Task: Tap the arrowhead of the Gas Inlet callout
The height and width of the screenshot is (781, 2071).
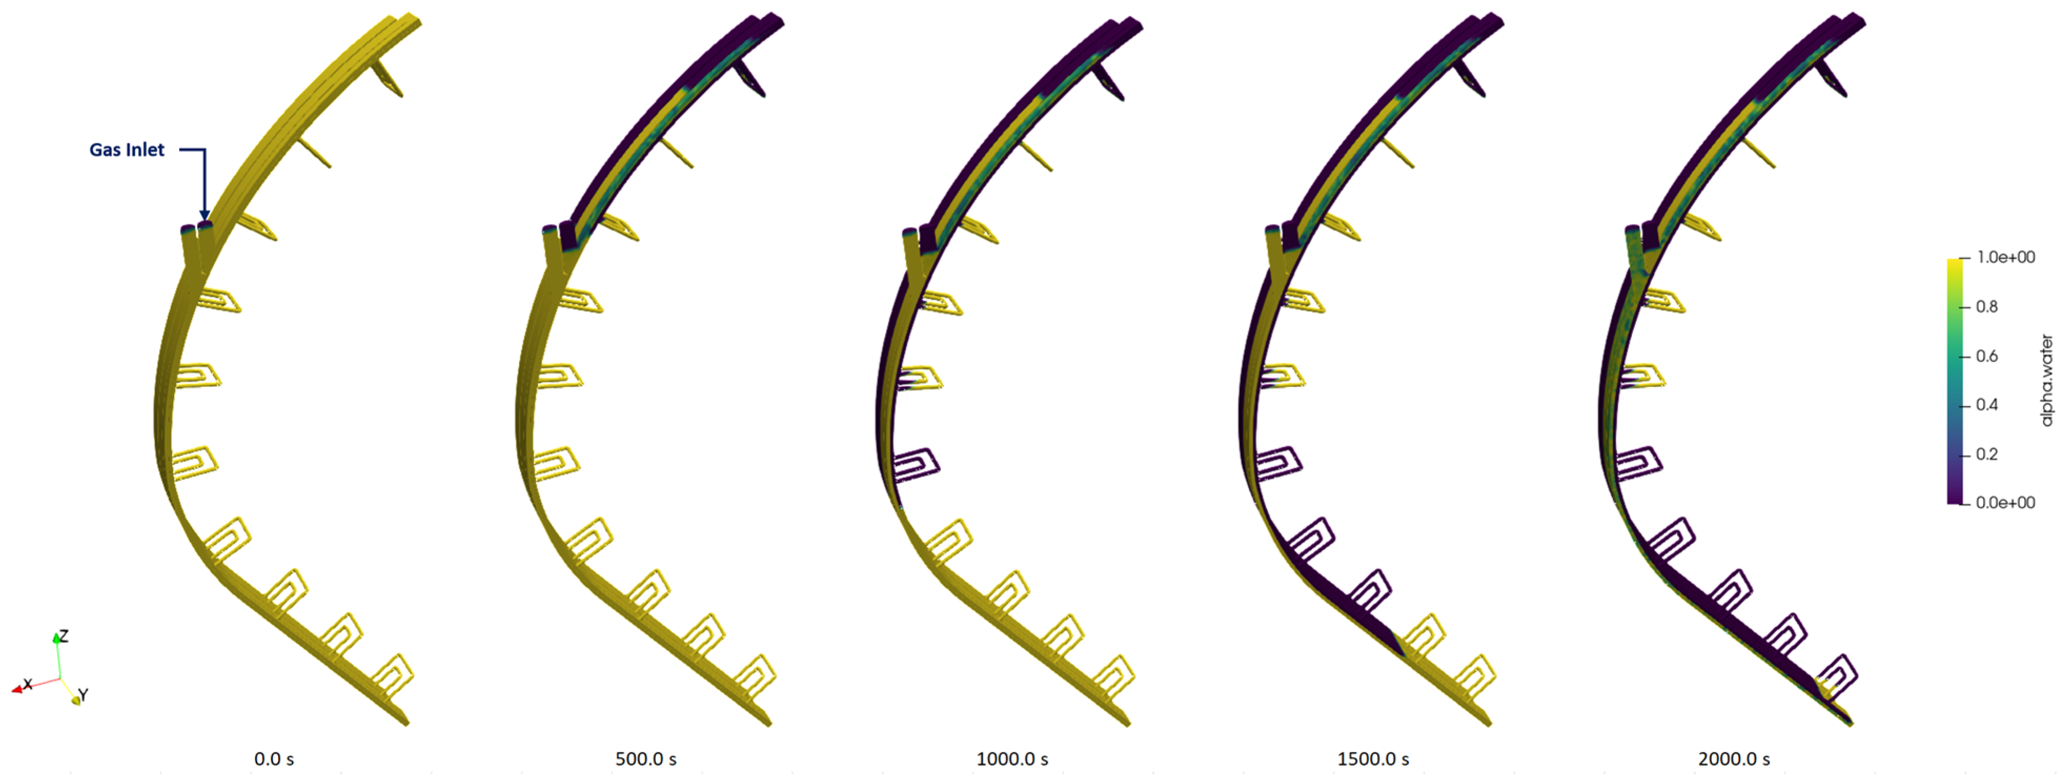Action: [204, 215]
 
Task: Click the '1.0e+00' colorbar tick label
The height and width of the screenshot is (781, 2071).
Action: [2006, 257]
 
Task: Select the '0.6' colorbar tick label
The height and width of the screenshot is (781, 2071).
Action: [1986, 356]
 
